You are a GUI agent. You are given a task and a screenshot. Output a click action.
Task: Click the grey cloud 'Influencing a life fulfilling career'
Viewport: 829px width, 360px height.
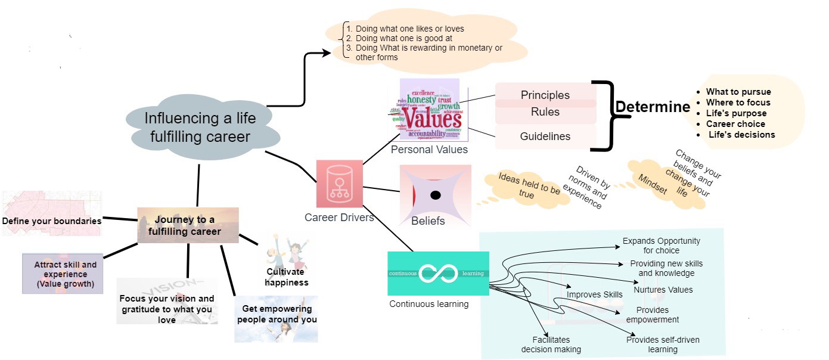(x=200, y=127)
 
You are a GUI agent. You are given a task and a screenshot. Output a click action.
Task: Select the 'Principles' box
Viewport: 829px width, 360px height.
(x=545, y=95)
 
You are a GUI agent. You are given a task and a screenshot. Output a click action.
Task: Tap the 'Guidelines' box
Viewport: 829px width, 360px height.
(x=545, y=136)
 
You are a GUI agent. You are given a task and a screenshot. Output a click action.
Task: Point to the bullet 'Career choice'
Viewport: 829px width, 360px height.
(x=735, y=124)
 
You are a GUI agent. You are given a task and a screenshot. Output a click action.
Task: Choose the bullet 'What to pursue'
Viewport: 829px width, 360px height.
(x=738, y=92)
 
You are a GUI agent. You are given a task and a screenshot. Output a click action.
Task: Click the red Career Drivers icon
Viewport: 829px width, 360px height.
(x=339, y=184)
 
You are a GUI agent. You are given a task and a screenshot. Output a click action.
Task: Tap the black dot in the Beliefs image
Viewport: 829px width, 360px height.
(x=436, y=195)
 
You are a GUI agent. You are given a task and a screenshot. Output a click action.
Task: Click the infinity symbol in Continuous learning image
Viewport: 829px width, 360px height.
(x=437, y=274)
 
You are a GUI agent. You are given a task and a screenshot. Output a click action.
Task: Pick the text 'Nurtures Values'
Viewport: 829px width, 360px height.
(x=663, y=290)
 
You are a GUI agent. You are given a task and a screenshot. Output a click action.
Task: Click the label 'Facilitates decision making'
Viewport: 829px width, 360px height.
(x=551, y=345)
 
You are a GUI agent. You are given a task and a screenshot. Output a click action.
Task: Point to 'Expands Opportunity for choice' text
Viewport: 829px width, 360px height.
(x=661, y=246)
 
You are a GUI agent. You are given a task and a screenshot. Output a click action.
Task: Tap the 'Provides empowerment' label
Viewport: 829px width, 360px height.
(x=652, y=315)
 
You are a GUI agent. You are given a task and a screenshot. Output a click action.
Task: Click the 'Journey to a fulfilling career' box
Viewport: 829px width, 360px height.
(x=188, y=225)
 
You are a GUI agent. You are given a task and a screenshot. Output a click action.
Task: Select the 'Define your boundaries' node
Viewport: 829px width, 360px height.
(x=51, y=221)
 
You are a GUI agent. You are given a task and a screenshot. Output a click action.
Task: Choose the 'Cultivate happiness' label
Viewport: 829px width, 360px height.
(x=287, y=277)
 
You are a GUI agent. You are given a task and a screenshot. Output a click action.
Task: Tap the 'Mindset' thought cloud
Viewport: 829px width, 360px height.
(x=652, y=181)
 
